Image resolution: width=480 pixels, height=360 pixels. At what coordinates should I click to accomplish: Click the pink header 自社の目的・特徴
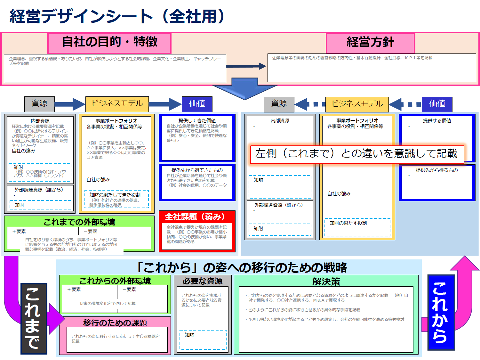[x=109, y=42]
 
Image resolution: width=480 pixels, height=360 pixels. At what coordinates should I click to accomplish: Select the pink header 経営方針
[x=370, y=42]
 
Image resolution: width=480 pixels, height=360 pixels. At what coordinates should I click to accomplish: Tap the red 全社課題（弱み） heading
[x=195, y=217]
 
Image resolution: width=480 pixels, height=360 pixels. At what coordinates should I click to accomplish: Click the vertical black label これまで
[x=34, y=318]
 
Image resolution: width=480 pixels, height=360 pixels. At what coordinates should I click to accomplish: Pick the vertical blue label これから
[x=441, y=312]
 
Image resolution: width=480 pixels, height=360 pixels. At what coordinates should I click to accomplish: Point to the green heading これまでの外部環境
[x=79, y=222]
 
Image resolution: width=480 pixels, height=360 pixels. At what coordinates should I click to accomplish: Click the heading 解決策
[x=326, y=282]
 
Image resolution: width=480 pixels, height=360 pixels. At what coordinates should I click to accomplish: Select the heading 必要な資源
[x=203, y=281]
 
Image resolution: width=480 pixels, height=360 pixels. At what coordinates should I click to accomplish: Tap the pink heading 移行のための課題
[x=115, y=323]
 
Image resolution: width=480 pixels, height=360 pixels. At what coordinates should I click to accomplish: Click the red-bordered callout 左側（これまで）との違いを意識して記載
[x=356, y=154]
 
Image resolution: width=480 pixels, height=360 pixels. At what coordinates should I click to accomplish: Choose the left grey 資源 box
[x=39, y=104]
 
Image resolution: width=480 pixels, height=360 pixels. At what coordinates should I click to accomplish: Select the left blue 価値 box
[x=197, y=104]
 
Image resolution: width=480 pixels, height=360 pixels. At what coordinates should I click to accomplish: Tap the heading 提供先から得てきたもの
[x=197, y=170]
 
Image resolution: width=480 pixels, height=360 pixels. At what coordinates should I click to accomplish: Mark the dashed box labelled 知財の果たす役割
[x=357, y=227]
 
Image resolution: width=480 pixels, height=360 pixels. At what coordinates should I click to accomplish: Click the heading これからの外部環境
[x=115, y=281]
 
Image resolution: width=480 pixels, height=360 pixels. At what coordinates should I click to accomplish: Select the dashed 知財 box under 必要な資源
[x=203, y=340]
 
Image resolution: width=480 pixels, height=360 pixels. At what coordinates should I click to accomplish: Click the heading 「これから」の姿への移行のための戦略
[x=242, y=267]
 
